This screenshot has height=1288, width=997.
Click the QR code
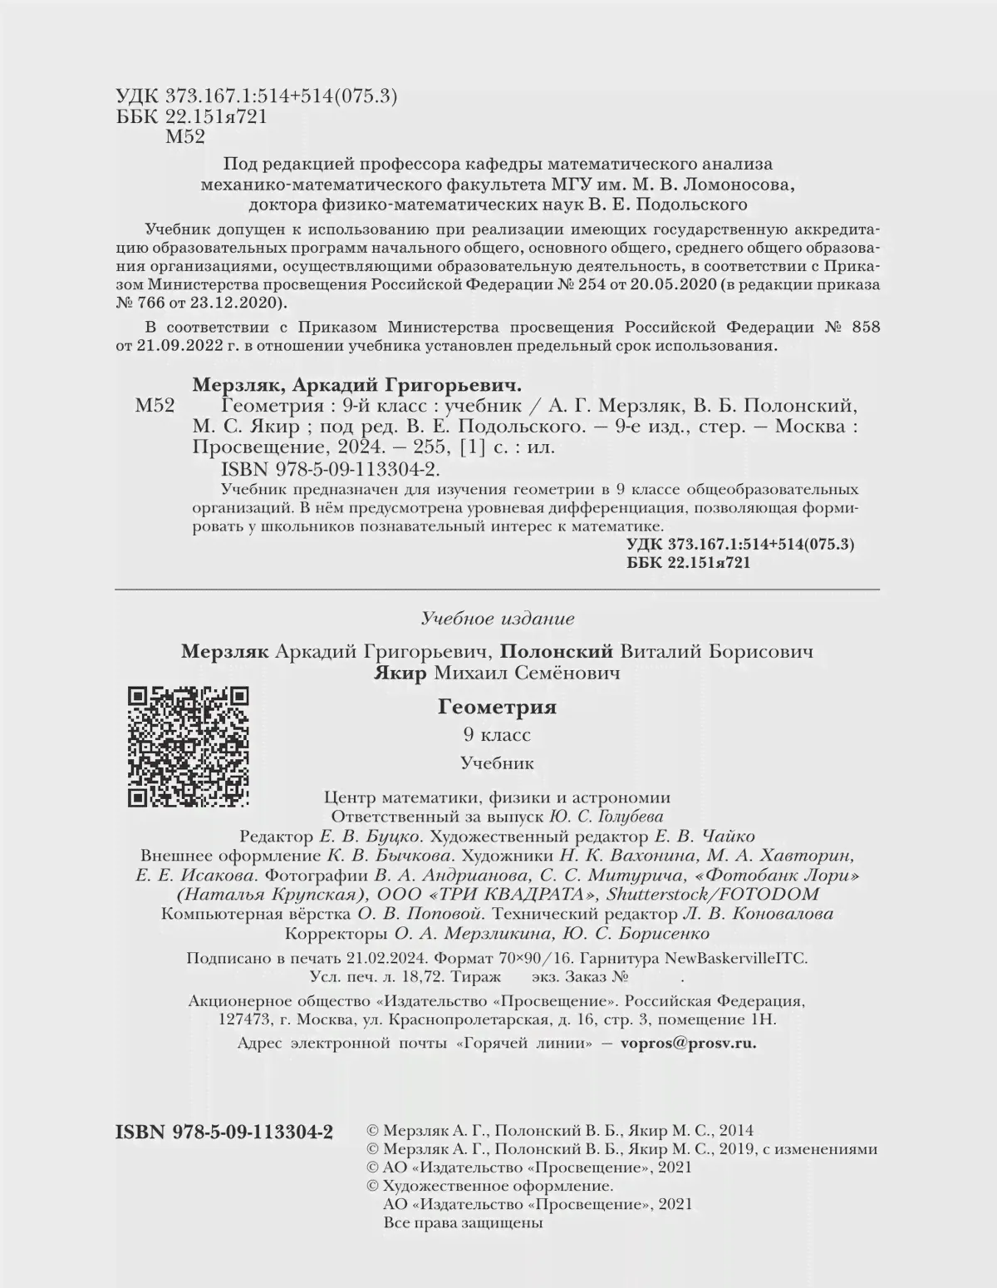189,747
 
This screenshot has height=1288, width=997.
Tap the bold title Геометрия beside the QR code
497,708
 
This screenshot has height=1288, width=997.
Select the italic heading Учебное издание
498,619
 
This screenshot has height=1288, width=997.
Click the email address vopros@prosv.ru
689,1044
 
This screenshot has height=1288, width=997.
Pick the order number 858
865,327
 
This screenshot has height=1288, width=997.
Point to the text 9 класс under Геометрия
497,735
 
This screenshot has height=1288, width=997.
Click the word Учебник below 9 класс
497,762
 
